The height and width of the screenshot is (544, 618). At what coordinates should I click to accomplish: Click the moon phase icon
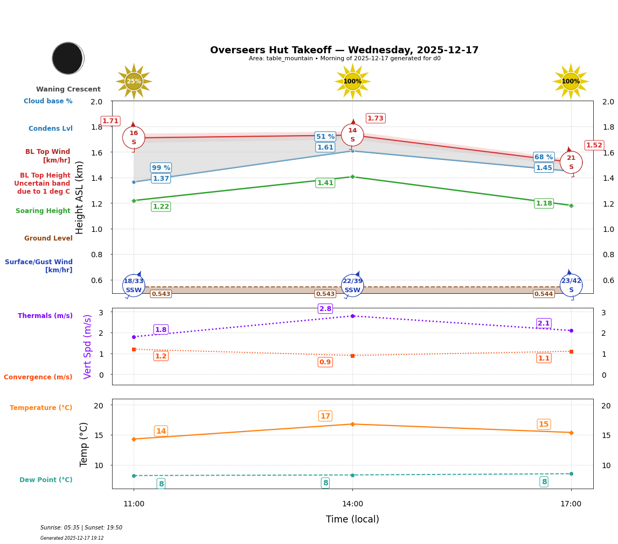coord(68,58)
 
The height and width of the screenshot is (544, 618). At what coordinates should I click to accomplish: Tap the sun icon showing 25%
coord(134,81)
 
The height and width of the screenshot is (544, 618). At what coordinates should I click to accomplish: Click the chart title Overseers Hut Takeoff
coord(344,50)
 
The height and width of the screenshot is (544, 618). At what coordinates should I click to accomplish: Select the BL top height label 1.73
coord(376,118)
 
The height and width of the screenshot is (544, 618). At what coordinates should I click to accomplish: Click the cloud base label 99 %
coord(161,168)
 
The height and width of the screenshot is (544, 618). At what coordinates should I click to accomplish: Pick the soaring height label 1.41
coord(325,183)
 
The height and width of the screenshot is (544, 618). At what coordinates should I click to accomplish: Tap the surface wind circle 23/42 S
coord(571,285)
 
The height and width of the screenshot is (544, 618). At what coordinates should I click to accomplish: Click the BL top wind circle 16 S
coord(134,137)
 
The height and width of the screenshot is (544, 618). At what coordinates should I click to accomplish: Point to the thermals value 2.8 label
coord(325,309)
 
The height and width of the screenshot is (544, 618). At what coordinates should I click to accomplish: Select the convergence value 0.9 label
coord(325,362)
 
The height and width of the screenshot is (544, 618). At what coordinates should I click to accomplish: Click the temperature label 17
coord(325,416)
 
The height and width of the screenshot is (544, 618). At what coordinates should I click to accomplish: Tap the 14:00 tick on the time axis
coord(352,504)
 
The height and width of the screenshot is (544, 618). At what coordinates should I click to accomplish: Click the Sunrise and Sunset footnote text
coord(81,528)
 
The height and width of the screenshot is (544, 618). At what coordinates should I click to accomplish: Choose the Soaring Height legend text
coord(43,211)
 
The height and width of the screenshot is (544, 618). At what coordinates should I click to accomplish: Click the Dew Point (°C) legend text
coord(46,480)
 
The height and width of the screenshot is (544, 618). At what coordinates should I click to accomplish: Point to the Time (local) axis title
coord(352,519)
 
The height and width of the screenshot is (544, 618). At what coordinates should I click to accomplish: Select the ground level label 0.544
coord(544,294)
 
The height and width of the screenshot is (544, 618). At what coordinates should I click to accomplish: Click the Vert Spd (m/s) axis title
coord(88,347)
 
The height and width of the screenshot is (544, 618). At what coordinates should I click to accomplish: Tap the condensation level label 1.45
coord(544,168)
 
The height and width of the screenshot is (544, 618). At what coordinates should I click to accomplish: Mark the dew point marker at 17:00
coord(571,474)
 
